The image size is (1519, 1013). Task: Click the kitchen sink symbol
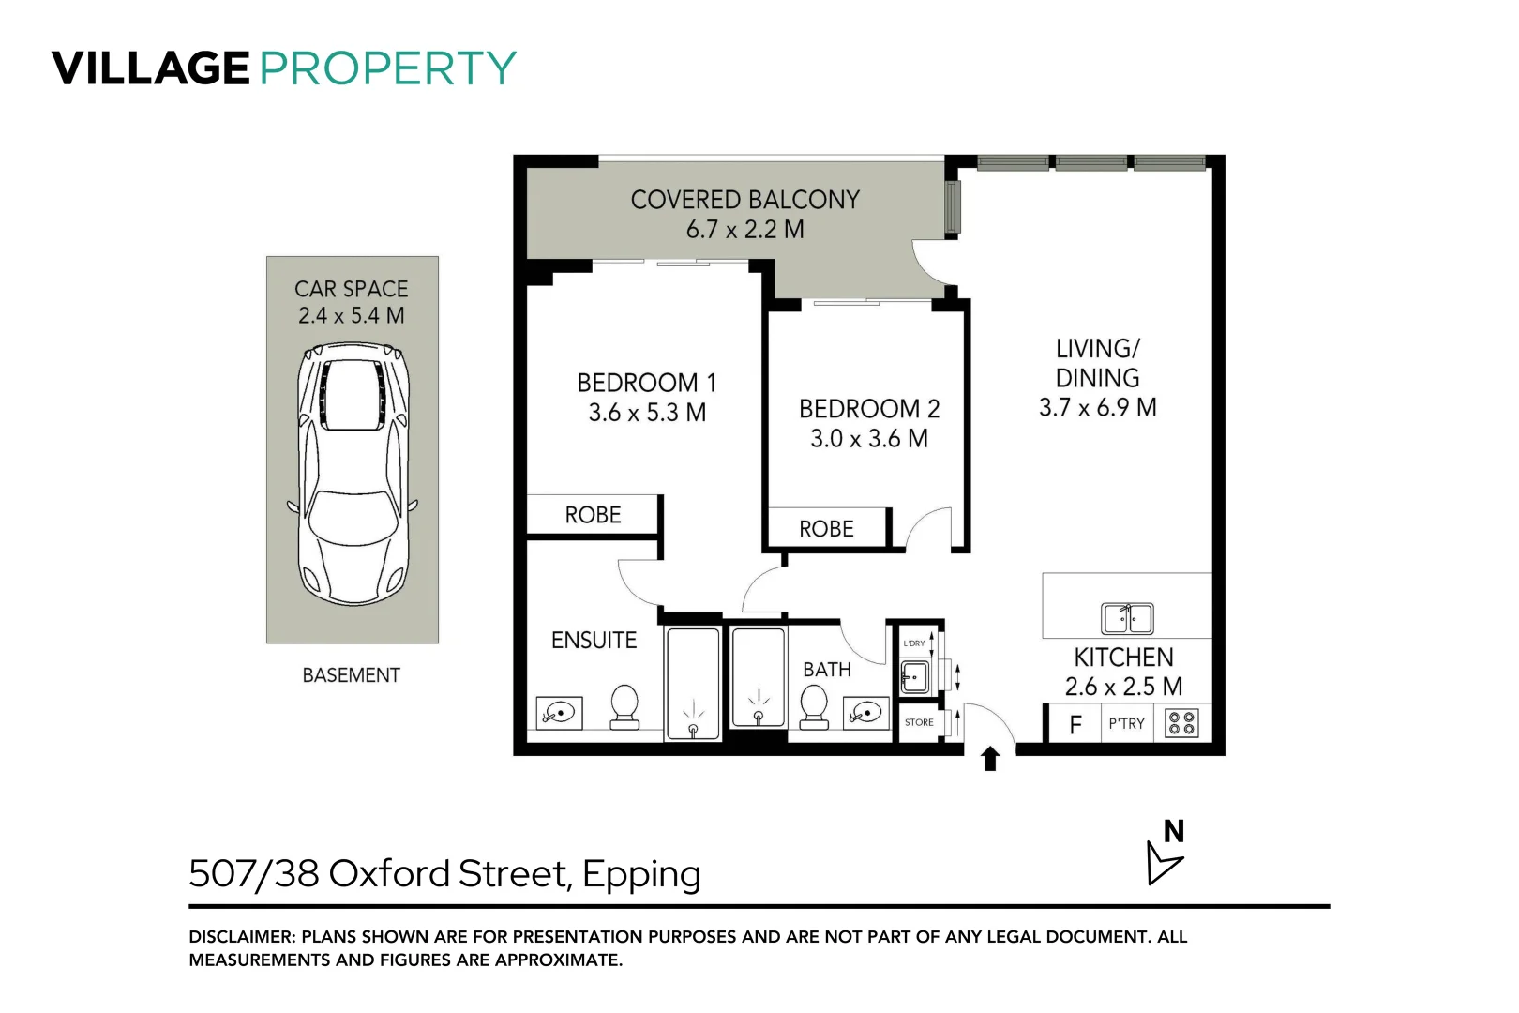(x=1126, y=619)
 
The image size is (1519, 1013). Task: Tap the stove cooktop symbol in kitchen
(x=1181, y=723)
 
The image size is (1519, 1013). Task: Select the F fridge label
(x=1075, y=724)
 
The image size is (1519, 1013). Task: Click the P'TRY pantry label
(x=1126, y=724)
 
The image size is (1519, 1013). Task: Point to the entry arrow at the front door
(x=990, y=758)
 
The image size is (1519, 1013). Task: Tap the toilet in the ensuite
(x=624, y=707)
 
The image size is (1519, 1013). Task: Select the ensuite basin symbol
(x=560, y=713)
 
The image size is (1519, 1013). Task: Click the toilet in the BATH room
(x=814, y=707)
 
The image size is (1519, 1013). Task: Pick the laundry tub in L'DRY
(x=914, y=675)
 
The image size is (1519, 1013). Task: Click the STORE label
(x=919, y=722)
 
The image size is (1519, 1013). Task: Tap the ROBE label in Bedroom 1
(x=593, y=515)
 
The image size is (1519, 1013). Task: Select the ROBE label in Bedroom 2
(x=826, y=529)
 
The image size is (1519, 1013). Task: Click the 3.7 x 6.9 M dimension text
(x=1097, y=407)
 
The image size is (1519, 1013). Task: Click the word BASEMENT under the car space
(x=351, y=675)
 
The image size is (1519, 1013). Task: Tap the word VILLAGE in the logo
(x=150, y=68)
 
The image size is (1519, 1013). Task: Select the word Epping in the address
(x=641, y=874)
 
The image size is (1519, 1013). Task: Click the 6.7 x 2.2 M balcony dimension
(x=744, y=230)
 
